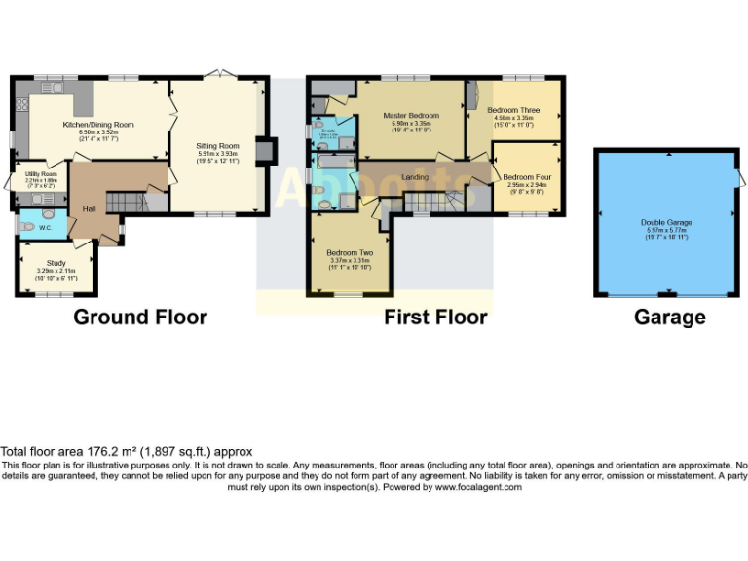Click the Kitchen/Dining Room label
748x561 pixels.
click(x=97, y=125)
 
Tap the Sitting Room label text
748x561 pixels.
click(x=217, y=145)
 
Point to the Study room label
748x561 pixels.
click(x=56, y=263)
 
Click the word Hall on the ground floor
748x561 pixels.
click(x=89, y=209)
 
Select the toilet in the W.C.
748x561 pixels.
click(x=26, y=226)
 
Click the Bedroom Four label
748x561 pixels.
click(x=527, y=177)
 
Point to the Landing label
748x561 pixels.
click(x=415, y=177)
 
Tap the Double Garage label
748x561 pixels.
click(x=666, y=222)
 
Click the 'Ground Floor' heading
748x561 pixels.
click(x=140, y=317)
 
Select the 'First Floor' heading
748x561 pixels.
click(x=435, y=317)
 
